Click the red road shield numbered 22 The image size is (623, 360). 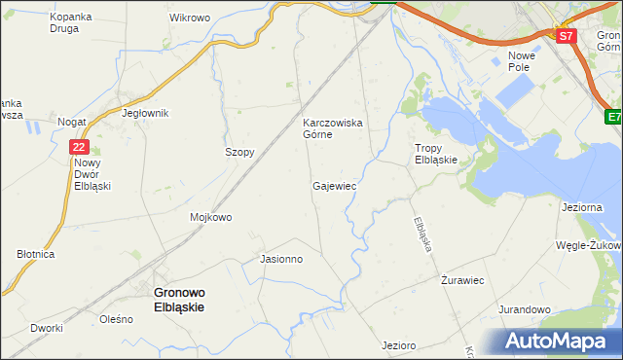(x=80, y=147)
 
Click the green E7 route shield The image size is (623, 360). (x=612, y=118)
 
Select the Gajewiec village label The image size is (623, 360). (x=334, y=185)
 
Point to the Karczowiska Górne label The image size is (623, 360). (x=333, y=128)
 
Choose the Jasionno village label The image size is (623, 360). (x=282, y=260)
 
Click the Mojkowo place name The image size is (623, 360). (x=211, y=217)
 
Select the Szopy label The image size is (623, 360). (x=239, y=153)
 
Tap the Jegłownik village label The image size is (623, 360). (x=146, y=113)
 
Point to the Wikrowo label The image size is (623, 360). (x=190, y=18)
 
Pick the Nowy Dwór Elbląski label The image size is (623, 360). (x=93, y=173)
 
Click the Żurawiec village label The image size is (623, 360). (x=462, y=280)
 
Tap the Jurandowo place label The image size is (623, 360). (x=526, y=309)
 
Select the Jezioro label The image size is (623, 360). (x=399, y=345)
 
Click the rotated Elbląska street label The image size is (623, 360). (x=422, y=234)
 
